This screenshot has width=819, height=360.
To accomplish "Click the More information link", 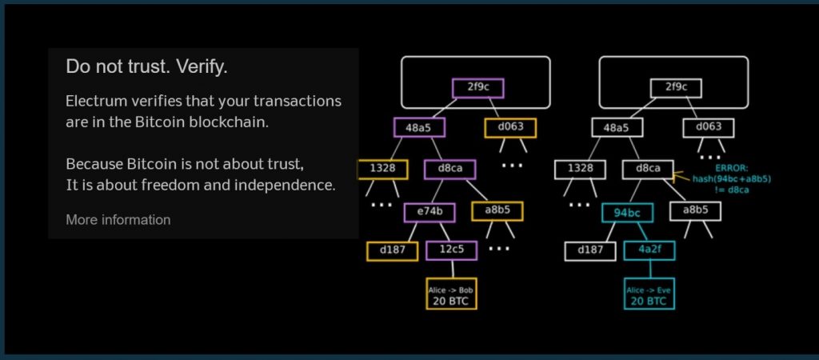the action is point(118,220).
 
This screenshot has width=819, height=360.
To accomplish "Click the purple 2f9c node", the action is point(478,88).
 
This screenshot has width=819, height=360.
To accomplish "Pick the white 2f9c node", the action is point(677,88).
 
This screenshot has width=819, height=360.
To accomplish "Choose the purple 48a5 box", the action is point(419,127).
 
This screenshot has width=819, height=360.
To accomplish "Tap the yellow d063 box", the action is point(510,127).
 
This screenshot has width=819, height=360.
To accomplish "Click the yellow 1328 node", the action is point(383,169).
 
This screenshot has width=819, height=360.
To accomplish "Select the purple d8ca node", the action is point(450,169).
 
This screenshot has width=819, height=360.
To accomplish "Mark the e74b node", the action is point(429,212).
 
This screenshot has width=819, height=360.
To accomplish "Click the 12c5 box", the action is point(452,250).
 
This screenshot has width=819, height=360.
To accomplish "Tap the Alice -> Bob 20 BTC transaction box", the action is point(451,294).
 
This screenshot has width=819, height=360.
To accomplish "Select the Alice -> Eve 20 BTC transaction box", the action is point(649,294).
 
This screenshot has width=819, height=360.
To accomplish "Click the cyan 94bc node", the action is point(627,212).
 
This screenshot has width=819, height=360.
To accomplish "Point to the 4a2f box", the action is point(649,250).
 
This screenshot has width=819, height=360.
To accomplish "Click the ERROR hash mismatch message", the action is point(732,179).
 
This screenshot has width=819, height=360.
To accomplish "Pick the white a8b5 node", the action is point(695,210).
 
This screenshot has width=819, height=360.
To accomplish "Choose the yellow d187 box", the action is point(392,250).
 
